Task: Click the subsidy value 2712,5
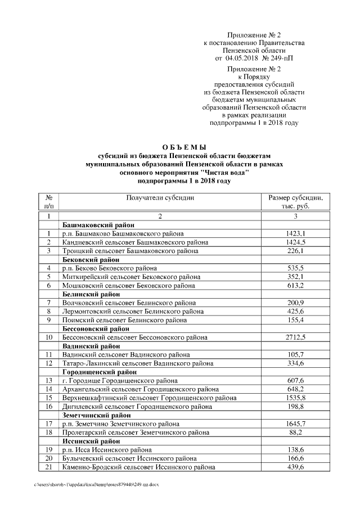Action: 295,337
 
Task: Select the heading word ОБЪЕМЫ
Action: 179,147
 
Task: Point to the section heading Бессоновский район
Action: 96,328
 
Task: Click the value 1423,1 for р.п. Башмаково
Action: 295,233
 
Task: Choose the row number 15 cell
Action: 49,398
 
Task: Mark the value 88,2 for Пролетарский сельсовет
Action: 295,433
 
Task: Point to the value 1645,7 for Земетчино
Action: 295,424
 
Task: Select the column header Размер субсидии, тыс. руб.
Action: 295,201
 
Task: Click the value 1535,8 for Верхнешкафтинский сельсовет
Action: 295,398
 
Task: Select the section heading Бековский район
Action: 91,260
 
